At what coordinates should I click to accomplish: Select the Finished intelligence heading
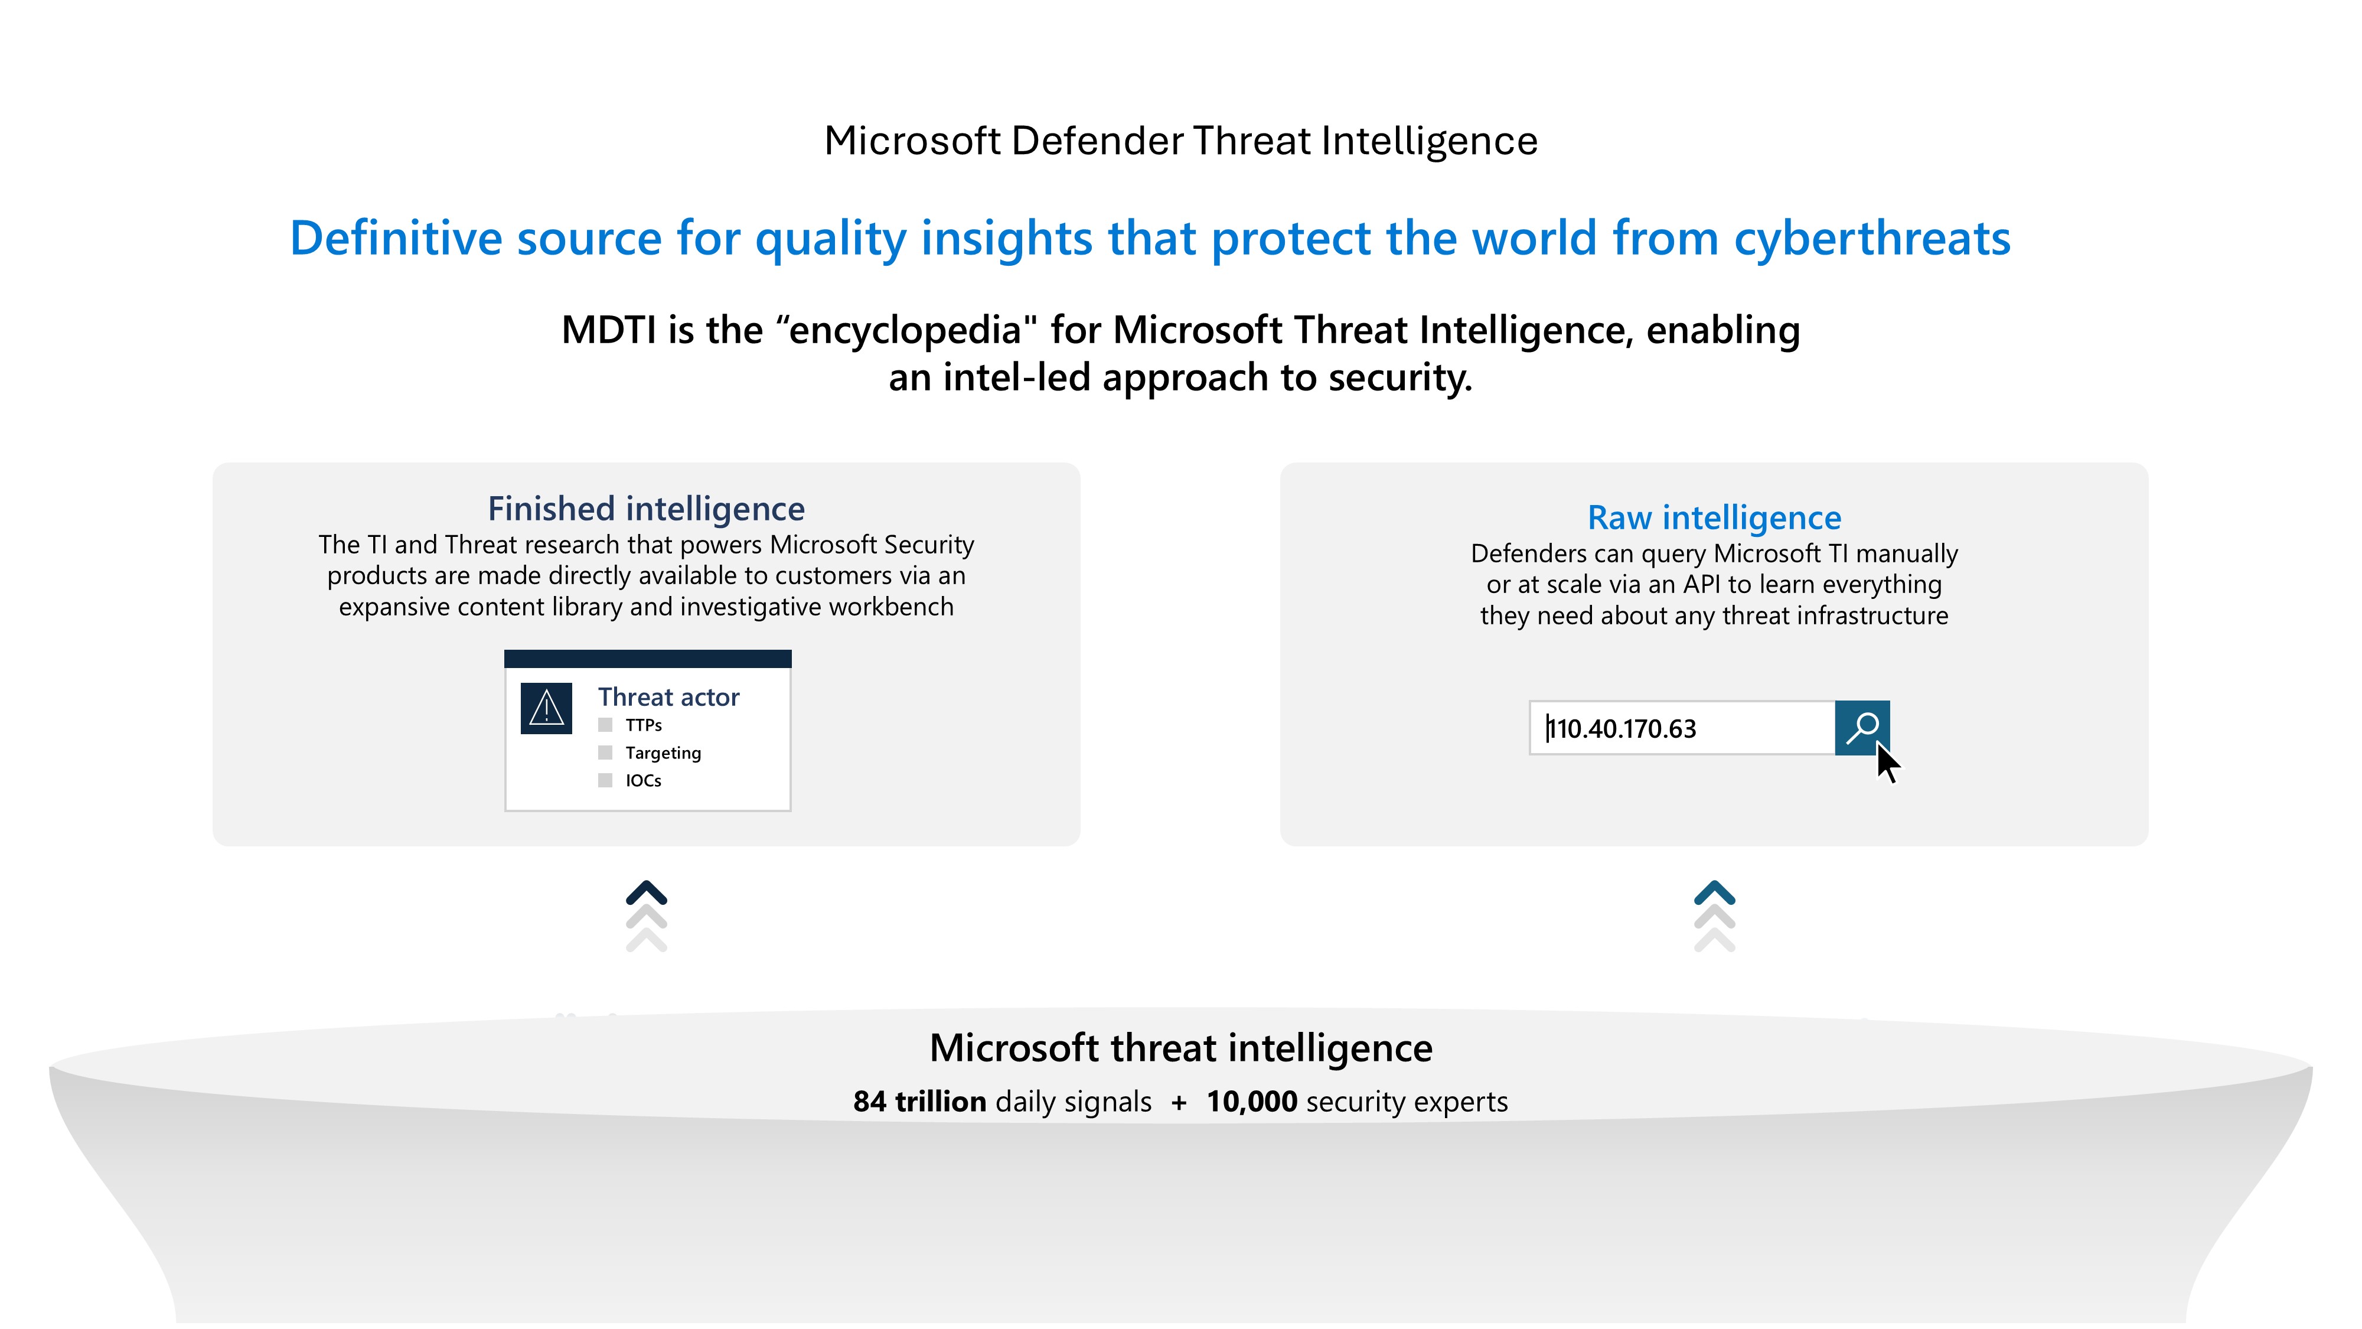click(647, 508)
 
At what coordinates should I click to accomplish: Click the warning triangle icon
click(546, 708)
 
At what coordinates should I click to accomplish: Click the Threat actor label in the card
click(668, 697)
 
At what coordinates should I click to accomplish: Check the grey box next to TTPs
click(605, 725)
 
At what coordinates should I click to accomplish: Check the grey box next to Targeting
click(605, 752)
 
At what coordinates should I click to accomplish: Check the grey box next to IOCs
click(605, 780)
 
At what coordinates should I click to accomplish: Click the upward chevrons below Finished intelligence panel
click(647, 916)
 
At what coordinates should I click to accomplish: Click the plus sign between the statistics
click(1179, 1102)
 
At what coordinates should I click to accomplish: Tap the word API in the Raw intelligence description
click(1702, 584)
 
